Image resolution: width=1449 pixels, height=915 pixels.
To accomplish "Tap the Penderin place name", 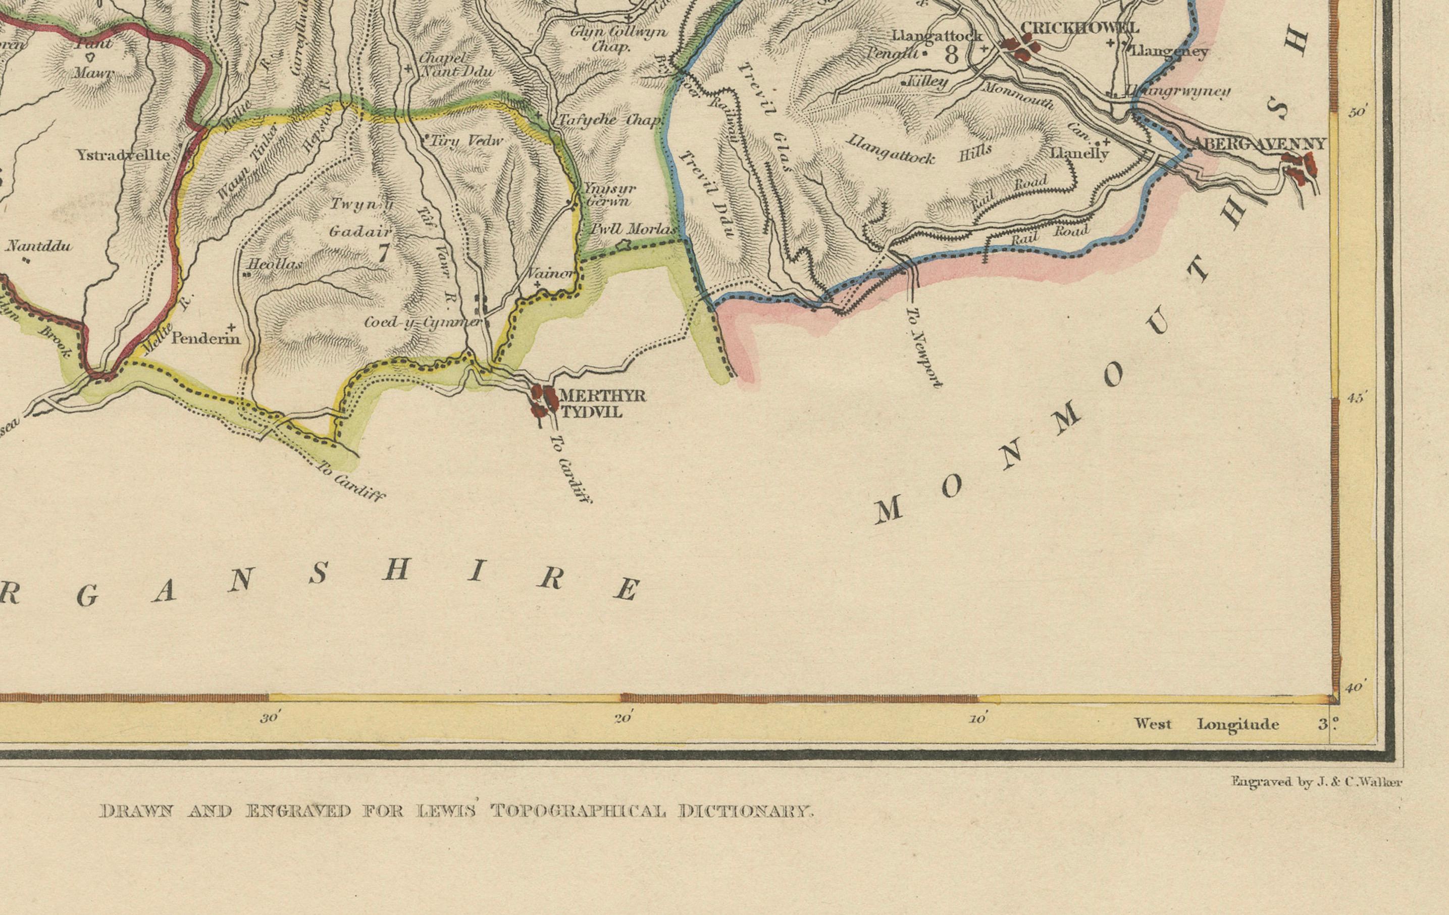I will [x=206, y=339].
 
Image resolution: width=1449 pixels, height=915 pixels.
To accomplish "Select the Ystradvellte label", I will [x=123, y=156].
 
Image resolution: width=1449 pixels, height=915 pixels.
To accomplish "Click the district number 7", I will [x=383, y=253].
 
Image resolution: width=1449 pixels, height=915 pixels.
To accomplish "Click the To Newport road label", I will [x=924, y=348].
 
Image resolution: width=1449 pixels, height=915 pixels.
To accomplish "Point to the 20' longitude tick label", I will [x=622, y=719].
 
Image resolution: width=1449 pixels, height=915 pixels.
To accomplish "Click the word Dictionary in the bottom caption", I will [x=746, y=811].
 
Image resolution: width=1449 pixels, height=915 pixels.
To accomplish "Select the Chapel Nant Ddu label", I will [x=455, y=65].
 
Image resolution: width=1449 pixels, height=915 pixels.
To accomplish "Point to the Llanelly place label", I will [x=1079, y=154].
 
